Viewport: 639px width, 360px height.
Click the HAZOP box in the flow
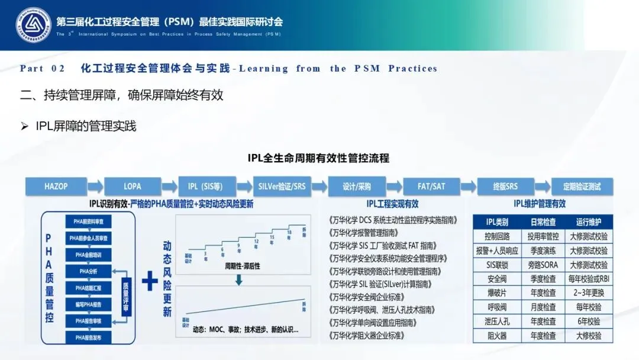56,186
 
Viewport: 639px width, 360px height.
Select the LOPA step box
133,186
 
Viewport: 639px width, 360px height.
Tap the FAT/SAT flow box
431,186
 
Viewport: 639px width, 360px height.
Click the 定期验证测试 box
582,186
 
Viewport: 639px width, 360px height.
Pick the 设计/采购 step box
356,186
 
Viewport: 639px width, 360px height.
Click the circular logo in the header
34,25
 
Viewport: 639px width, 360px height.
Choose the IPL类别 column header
497,222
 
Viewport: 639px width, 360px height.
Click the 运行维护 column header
588,222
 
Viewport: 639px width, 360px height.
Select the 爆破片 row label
497,292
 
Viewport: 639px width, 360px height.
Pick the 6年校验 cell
588,322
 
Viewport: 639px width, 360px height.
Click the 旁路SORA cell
543,265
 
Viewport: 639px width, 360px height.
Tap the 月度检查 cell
543,307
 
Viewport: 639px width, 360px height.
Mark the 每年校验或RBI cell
588,279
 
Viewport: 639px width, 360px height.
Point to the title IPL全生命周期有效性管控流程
318,158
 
